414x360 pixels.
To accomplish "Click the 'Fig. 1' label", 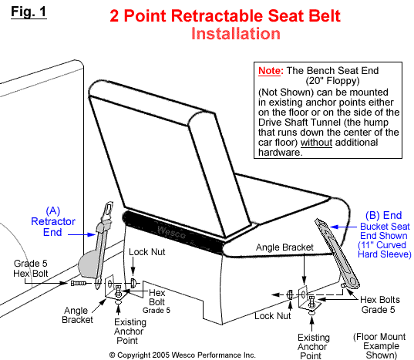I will pos(23,12).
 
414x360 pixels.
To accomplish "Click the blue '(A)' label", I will pos(53,209).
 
